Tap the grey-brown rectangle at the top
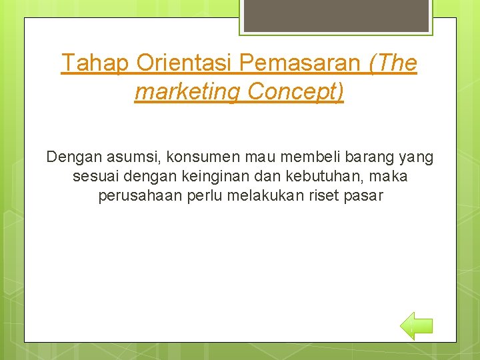pos(335,15)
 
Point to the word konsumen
pos(196,157)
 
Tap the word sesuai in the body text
pos(93,177)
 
